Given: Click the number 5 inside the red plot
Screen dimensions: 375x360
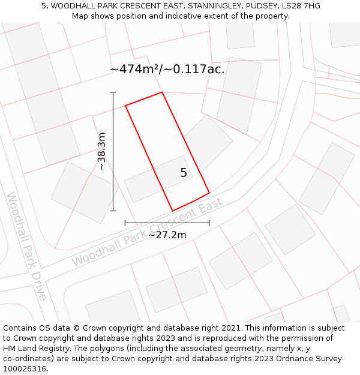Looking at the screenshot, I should tap(184, 173).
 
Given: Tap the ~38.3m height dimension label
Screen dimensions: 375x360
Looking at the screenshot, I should tap(101, 151).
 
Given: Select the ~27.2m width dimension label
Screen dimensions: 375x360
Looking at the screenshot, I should tap(167, 235).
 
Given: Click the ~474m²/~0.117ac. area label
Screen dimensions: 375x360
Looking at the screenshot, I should tap(167, 69).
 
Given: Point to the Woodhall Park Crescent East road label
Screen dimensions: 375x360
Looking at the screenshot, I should tap(147, 232).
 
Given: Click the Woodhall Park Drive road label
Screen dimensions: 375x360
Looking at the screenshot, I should tap(27, 246).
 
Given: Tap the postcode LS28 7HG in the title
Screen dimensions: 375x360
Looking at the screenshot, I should tap(301, 6).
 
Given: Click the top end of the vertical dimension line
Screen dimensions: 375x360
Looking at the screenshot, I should tap(113, 92).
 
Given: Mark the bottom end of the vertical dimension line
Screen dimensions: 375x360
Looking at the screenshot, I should tap(113, 211).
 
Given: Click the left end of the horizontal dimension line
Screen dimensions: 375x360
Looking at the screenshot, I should tap(125, 223).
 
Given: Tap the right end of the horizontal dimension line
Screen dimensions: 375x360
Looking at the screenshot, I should tap(209, 223).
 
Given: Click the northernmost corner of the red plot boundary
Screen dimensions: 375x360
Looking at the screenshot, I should tap(162, 92).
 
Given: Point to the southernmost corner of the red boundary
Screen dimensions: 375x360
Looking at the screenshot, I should tap(173, 211).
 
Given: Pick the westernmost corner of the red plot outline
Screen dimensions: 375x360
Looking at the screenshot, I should tap(125, 106).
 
